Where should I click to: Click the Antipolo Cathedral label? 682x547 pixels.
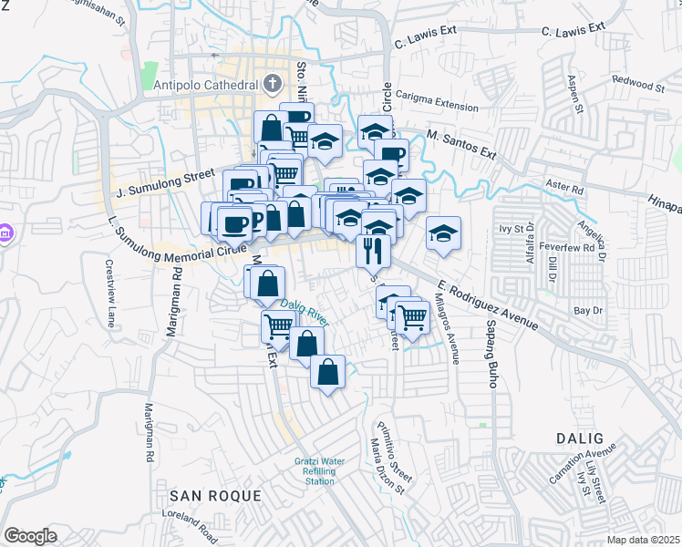(201, 86)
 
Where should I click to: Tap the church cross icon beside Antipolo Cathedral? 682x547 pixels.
(272, 85)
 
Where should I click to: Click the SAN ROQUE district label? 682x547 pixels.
(216, 496)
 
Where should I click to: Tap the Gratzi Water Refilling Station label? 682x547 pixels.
(319, 470)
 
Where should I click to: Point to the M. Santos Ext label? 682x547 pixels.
(461, 145)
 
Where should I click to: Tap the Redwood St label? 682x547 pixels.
(638, 84)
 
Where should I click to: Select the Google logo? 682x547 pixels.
(30, 536)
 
